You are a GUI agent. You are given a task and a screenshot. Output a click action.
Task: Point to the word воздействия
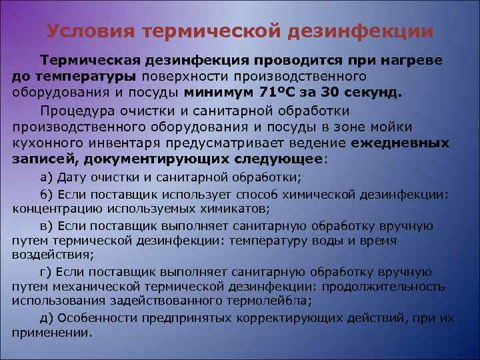[x=51, y=254]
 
